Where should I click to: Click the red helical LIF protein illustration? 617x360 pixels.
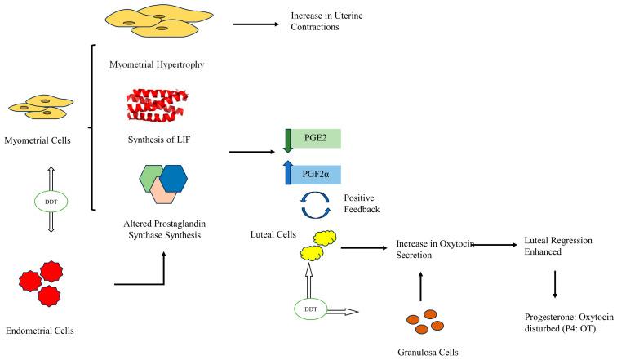point(157,106)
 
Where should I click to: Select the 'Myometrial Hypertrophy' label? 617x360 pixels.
point(155,63)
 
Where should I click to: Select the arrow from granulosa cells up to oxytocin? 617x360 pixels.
point(420,283)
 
